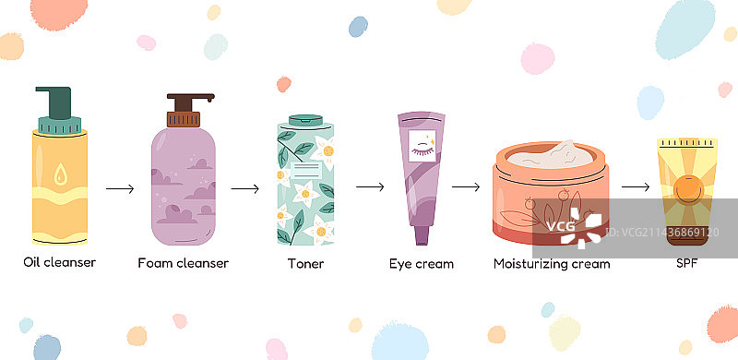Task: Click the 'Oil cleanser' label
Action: (x=59, y=262)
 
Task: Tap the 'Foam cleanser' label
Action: (x=183, y=263)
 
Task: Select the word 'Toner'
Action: (x=306, y=263)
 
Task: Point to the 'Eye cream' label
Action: (x=422, y=264)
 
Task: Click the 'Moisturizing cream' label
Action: (x=552, y=264)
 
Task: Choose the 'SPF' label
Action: (x=686, y=263)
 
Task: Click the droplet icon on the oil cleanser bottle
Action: (x=60, y=174)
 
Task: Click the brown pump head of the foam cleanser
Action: (x=188, y=102)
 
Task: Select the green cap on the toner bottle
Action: (x=306, y=120)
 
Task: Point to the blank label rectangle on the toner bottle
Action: (x=306, y=170)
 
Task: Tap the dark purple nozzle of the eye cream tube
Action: (x=423, y=235)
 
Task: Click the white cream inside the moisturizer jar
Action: (x=551, y=154)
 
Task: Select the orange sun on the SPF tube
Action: (x=687, y=189)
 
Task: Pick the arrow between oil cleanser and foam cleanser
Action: (x=120, y=189)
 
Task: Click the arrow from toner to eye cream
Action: (x=370, y=187)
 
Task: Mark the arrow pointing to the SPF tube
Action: (x=636, y=187)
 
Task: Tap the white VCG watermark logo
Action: (x=575, y=228)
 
